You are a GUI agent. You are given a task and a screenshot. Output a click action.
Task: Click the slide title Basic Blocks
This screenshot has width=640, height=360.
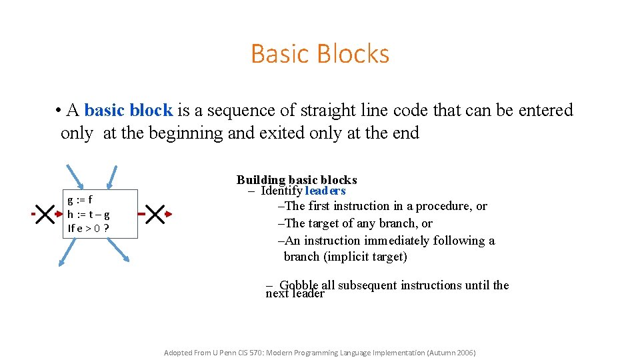pyautogui.click(x=320, y=53)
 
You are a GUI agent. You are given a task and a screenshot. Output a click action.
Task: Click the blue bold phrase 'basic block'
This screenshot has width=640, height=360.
pyautogui.click(x=129, y=110)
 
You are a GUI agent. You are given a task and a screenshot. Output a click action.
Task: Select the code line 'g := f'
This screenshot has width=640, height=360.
pyautogui.click(x=80, y=199)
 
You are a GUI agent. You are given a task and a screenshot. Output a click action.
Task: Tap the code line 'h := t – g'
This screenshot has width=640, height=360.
pyautogui.click(x=89, y=214)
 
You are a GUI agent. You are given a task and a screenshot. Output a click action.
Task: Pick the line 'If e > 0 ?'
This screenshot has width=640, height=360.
pyautogui.click(x=89, y=229)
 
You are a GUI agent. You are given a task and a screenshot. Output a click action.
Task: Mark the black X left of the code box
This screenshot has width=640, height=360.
pyautogui.click(x=45, y=214)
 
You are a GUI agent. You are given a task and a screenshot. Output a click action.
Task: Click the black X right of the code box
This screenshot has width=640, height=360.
pyautogui.click(x=155, y=214)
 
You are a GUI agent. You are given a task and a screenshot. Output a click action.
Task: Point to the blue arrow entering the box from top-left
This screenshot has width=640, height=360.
pyautogui.click(x=75, y=176)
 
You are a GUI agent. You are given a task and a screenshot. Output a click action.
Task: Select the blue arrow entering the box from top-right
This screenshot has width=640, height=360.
pyautogui.click(x=113, y=176)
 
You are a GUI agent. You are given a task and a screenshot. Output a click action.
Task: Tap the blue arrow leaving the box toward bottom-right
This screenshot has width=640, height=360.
pyautogui.click(x=118, y=252)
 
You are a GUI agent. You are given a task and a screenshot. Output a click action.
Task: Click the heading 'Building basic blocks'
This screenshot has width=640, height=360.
pyautogui.click(x=297, y=180)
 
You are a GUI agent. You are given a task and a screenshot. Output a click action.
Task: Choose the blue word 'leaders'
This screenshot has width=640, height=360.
pyautogui.click(x=325, y=191)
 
